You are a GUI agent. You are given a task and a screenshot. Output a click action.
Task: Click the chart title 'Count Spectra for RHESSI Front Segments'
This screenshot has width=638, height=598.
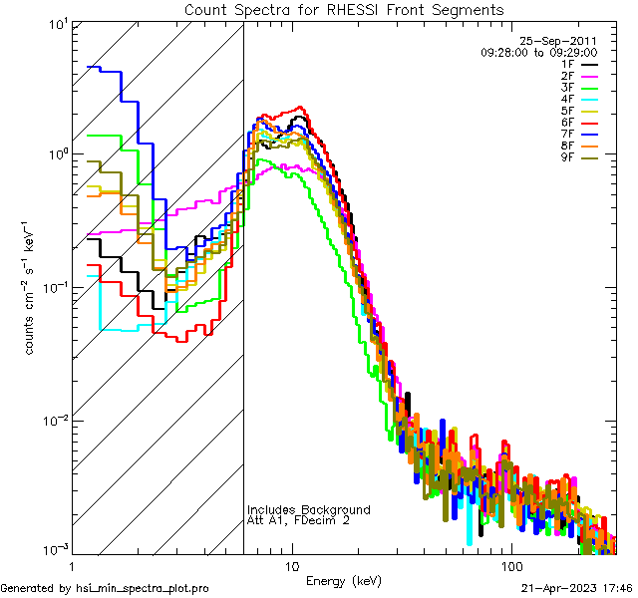[344, 10]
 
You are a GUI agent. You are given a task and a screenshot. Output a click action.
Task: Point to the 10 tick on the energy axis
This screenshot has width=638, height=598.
[291, 565]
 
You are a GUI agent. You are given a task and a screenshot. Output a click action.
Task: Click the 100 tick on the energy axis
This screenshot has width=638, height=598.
[511, 565]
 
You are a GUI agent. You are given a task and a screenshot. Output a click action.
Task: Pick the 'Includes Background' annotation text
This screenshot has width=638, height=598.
[308, 509]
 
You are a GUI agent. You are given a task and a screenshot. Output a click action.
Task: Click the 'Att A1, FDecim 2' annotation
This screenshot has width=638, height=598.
[298, 520]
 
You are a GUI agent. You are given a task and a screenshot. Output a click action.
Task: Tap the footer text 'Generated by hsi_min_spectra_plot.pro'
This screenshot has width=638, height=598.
[105, 589]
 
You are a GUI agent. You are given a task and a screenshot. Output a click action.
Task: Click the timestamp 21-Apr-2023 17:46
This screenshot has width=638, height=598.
[576, 589]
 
